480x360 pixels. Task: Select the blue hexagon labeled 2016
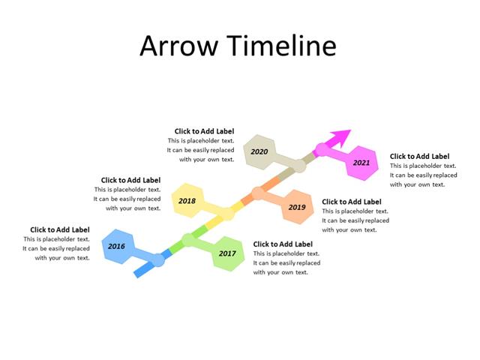(117, 246)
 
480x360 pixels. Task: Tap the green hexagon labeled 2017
(226, 253)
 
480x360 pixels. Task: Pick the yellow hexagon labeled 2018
(187, 201)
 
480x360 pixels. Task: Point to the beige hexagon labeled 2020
(260, 151)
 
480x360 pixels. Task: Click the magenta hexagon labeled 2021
(361, 163)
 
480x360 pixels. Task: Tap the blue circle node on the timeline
(157, 259)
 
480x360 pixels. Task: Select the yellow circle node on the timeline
(226, 214)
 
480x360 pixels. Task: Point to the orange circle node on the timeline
(258, 193)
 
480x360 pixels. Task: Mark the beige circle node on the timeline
(298, 165)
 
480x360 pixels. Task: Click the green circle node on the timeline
(188, 240)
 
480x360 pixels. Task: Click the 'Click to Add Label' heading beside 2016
(60, 229)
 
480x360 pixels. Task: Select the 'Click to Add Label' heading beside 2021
(419, 156)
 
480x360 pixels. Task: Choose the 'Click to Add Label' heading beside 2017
(283, 244)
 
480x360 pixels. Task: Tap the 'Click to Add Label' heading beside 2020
(204, 130)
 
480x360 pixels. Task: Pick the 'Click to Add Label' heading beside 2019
(351, 202)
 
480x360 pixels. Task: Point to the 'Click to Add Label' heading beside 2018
(130, 180)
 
